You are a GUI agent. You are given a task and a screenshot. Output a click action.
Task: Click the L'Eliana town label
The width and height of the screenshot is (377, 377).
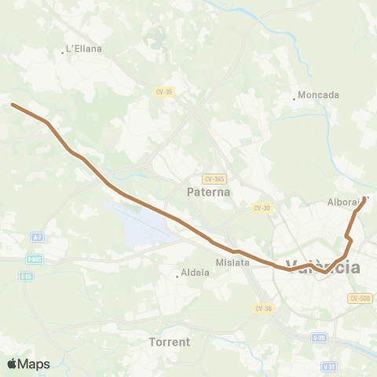coord(84,49)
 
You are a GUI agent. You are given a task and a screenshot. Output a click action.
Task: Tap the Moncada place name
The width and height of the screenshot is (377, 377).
coord(318,95)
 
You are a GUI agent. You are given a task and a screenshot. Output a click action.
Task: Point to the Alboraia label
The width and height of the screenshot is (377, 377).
coord(343,202)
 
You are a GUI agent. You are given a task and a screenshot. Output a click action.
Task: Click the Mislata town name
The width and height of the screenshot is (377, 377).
coord(232,262)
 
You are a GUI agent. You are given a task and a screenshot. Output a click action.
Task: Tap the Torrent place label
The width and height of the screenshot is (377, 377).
coord(170,342)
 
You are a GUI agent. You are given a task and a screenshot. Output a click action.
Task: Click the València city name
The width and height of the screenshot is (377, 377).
coord(323,267)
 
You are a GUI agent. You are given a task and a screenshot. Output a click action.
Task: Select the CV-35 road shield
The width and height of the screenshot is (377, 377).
coord(164,91)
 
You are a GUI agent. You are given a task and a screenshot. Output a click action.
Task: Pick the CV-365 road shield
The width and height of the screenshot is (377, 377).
coord(214,178)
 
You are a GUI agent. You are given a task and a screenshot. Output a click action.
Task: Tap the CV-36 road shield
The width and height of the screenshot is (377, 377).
coord(263,308)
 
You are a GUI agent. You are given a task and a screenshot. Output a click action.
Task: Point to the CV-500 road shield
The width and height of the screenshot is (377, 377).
coord(361,298)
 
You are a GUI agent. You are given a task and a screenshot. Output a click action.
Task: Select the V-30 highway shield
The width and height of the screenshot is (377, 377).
coord(318,338)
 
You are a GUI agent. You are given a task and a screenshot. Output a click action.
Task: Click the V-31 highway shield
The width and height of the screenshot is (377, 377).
coord(330,366)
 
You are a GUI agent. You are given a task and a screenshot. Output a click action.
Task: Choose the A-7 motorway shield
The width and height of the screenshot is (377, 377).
coord(37,236)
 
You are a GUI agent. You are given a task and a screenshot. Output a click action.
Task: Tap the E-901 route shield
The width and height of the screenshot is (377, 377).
coord(34,258)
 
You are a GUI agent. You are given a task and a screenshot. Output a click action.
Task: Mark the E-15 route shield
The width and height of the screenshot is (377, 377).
coord(27,276)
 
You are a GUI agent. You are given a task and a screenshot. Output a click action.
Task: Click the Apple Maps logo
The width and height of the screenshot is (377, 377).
coord(28,364)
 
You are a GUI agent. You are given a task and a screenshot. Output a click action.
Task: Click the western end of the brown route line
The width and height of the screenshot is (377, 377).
coord(13,104)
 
